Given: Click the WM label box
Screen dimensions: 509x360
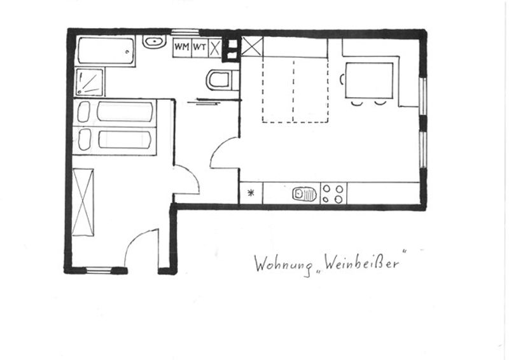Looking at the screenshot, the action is tap(182, 48).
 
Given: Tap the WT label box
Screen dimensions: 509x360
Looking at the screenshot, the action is tap(200, 48).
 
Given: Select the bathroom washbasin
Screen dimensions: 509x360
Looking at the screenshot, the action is tap(155, 41).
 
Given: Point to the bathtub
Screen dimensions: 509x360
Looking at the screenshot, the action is tap(106, 52).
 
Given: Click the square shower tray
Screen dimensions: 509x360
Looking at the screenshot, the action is tap(90, 82).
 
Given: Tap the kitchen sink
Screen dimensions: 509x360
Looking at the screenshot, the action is tap(305, 194).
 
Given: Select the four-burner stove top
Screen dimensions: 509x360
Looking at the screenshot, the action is tap(333, 193).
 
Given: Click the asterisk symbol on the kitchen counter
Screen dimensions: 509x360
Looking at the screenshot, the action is tap(251, 193).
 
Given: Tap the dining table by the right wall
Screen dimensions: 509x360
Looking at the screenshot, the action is tap(369, 81).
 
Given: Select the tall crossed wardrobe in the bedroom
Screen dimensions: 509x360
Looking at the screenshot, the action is tap(83, 202).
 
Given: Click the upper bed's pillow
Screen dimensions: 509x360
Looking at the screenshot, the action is tap(84, 112).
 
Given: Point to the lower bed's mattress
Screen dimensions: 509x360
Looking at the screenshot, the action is tap(125, 139).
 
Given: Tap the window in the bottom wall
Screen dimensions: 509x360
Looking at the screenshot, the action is tap(99, 270).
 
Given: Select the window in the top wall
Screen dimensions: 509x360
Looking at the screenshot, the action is tap(185, 32).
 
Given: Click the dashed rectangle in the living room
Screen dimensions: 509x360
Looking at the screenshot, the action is tap(295, 90).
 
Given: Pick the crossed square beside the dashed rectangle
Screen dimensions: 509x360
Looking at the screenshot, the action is tap(252, 46).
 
